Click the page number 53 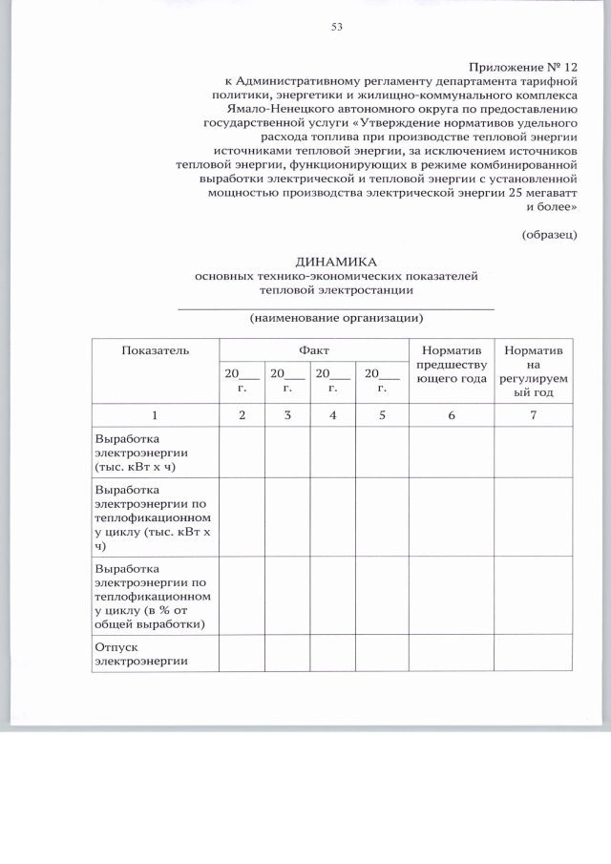click(x=336, y=27)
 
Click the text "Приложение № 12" click(x=523, y=67)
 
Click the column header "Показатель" click(x=156, y=350)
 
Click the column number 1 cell click(x=156, y=415)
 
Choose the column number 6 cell click(x=451, y=415)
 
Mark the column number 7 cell click(x=534, y=415)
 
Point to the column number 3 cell click(x=287, y=415)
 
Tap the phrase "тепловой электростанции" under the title click(x=336, y=289)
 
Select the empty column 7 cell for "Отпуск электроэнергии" click(x=534, y=653)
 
